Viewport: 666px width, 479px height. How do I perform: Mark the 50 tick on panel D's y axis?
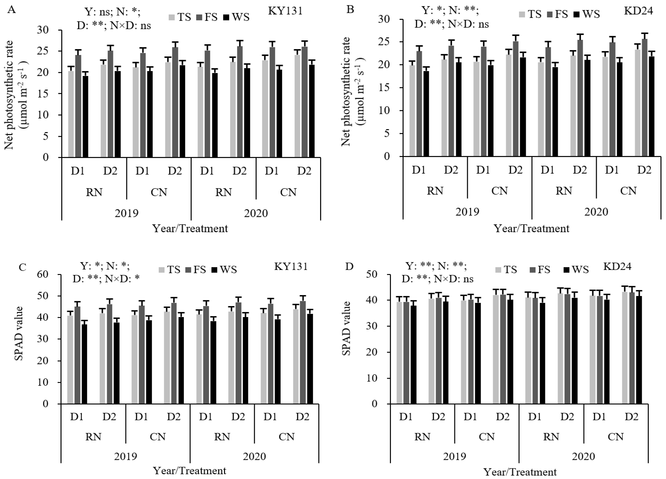click(379, 274)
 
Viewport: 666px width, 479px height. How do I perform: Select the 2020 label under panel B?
click(596, 212)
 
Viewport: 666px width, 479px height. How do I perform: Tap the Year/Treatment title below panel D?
click(520, 472)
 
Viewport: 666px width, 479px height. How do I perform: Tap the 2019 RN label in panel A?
click(94, 192)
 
